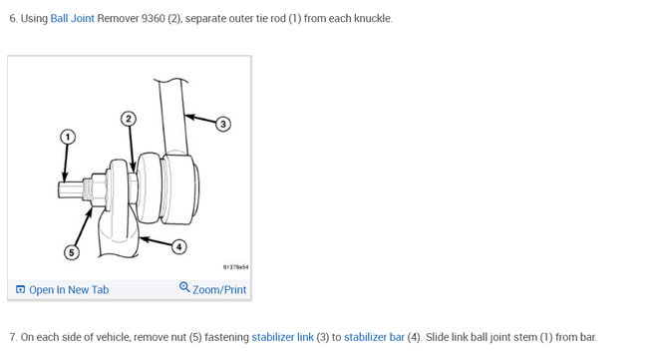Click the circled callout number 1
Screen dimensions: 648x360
tap(68, 137)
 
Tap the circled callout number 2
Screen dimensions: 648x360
tap(129, 119)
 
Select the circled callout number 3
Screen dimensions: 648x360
tap(223, 124)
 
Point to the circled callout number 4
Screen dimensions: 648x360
tap(178, 246)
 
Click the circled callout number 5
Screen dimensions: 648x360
tap(72, 252)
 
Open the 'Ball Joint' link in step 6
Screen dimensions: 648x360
tap(73, 19)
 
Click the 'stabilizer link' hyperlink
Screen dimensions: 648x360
tap(283, 337)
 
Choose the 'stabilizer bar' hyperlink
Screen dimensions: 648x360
tap(374, 337)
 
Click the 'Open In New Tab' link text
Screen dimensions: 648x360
tap(69, 290)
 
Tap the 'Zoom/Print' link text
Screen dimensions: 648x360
tap(219, 290)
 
